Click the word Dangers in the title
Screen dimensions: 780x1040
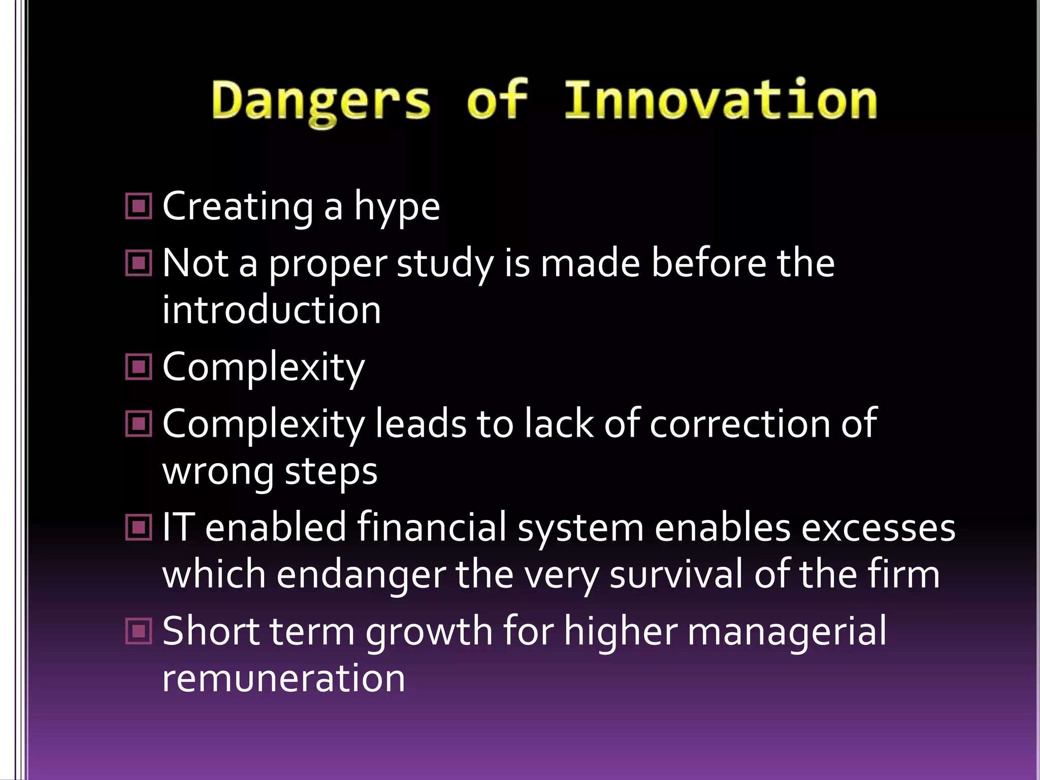321,102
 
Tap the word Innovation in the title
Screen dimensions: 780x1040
721,101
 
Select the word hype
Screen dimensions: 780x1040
397,208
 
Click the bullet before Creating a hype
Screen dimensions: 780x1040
138,206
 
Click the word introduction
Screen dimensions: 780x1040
271,310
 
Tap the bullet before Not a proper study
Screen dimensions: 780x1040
138,263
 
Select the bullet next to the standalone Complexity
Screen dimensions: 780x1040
138,367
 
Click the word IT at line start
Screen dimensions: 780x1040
178,527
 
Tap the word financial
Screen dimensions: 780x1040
432,527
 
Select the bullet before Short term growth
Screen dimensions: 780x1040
138,631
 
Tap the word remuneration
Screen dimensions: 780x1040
283,678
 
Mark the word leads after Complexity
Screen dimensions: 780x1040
420,424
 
